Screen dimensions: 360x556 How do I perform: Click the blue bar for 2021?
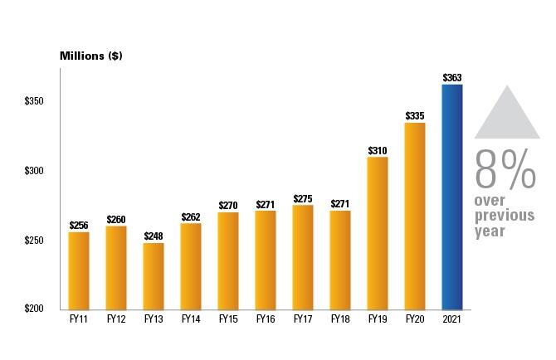451,197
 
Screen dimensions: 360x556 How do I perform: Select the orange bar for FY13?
154,275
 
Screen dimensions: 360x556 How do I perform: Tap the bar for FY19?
378,233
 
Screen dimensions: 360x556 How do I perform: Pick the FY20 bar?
415,216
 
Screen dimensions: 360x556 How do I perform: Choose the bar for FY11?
79,270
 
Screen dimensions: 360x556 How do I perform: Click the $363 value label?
452,78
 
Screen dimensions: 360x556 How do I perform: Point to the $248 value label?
154,236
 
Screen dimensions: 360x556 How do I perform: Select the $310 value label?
378,151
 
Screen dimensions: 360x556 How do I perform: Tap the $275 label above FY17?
303,199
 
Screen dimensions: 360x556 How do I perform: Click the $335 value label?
415,116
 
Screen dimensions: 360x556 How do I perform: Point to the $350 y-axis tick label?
34,101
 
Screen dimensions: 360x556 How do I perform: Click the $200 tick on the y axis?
34,309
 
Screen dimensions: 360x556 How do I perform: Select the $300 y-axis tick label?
34,171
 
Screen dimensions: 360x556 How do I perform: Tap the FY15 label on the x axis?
228,319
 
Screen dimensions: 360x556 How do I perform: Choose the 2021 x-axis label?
452,319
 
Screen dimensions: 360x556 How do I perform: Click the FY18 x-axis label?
340,319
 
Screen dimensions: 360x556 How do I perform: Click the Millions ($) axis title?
91,56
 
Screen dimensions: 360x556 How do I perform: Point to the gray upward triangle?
506,116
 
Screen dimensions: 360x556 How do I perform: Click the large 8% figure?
505,169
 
